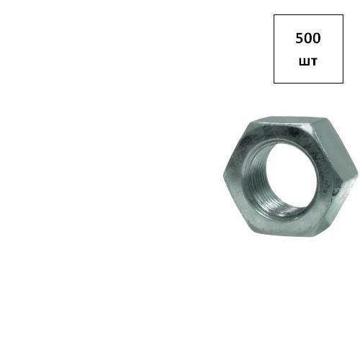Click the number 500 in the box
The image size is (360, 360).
click(x=308, y=38)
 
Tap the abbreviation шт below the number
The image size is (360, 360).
click(x=308, y=61)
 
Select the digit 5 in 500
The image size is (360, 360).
click(x=300, y=38)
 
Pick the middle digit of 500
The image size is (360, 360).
click(x=308, y=38)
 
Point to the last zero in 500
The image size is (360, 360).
click(x=317, y=38)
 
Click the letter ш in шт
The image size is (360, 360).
click(x=305, y=61)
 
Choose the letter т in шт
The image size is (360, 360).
click(x=314, y=61)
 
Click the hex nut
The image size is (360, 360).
click(x=290, y=176)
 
